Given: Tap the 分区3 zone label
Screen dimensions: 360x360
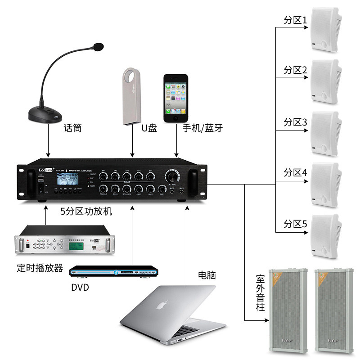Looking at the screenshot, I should [x=295, y=122].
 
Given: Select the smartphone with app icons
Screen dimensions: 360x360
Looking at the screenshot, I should [x=176, y=98].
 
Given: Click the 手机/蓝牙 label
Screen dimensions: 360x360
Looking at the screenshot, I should [x=202, y=128].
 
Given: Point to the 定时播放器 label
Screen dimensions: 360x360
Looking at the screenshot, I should [x=40, y=268].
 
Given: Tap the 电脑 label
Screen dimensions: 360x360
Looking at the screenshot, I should [x=207, y=274].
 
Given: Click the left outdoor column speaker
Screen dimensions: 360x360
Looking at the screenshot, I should [x=288, y=310].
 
